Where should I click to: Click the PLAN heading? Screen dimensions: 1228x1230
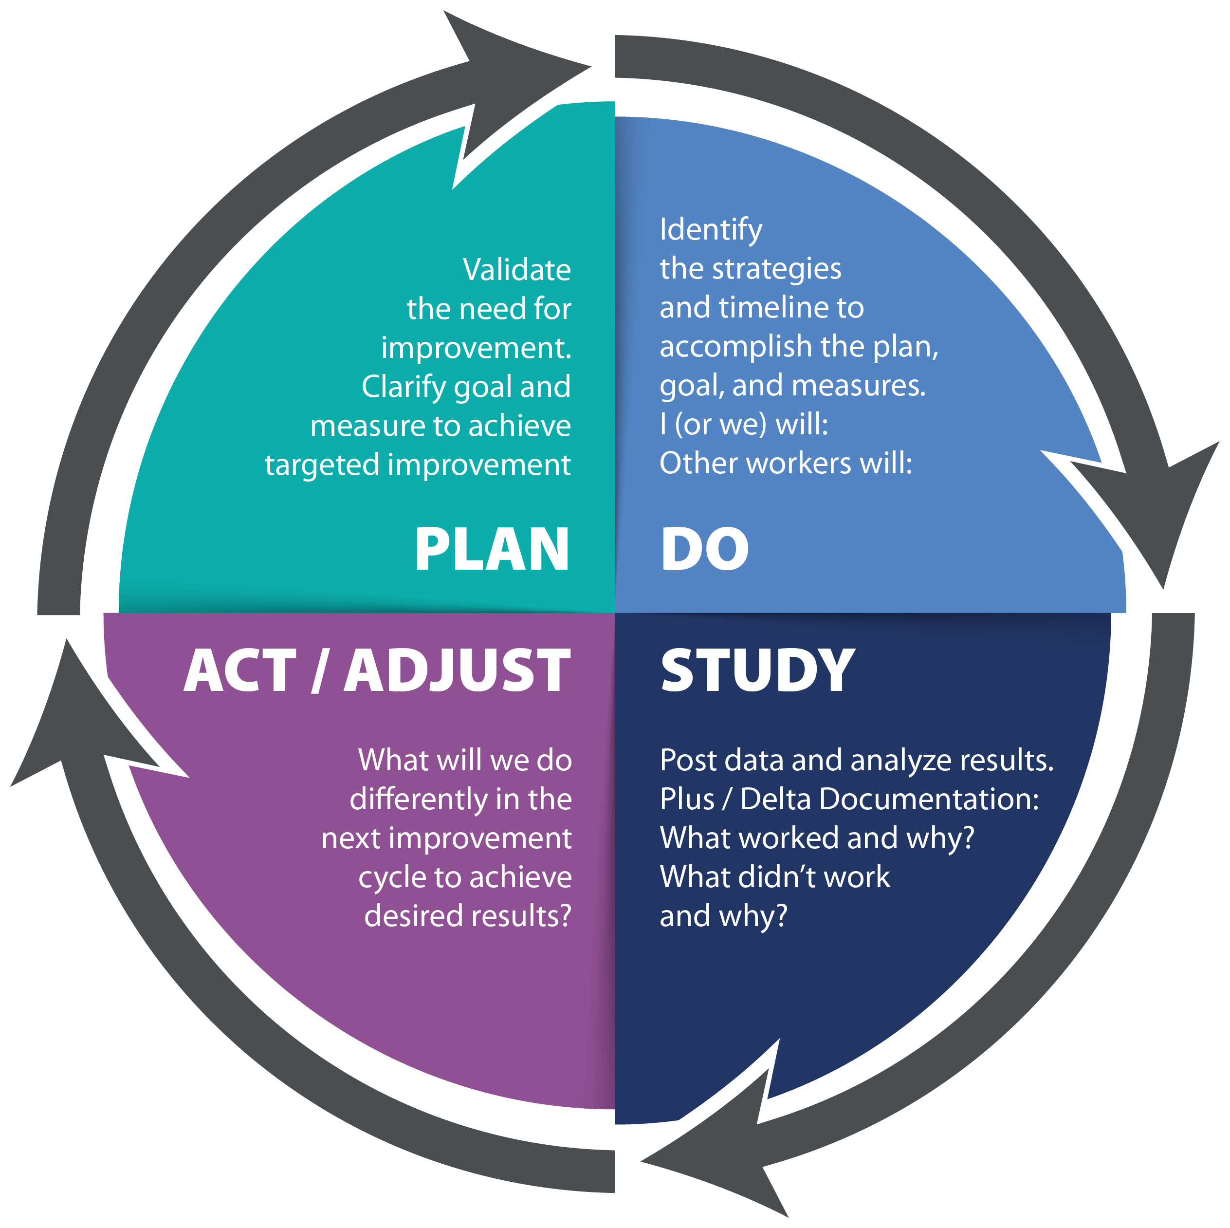click(492, 550)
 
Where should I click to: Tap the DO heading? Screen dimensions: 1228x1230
click(705, 550)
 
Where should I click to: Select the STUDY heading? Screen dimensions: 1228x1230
click(757, 670)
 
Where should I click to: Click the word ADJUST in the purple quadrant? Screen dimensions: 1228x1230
click(457, 670)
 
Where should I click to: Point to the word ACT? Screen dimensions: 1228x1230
click(240, 670)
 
